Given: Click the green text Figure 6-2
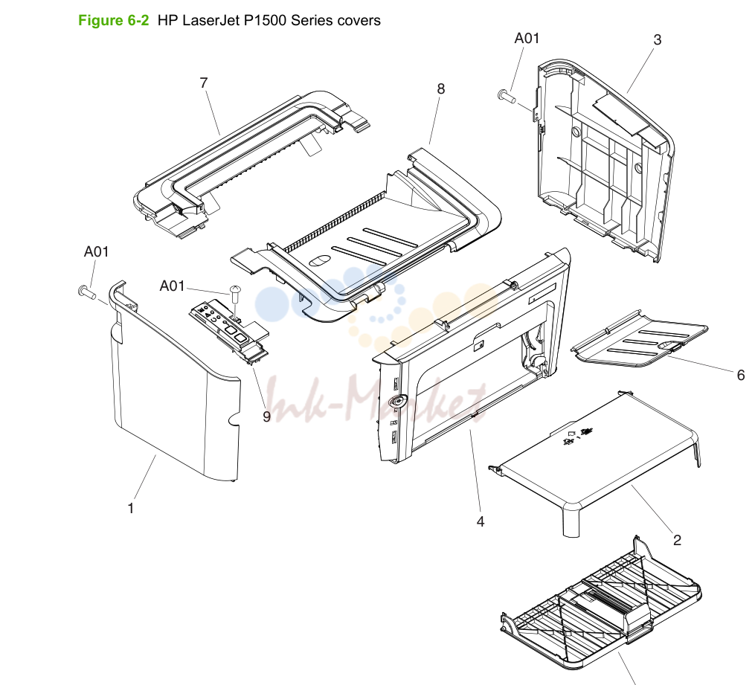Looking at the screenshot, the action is point(114,20).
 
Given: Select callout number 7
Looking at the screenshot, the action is point(204,83).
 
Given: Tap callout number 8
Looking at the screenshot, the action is point(441,89).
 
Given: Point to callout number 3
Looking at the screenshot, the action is point(658,39).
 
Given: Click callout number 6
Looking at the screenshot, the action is point(741,375).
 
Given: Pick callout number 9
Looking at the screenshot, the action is point(267,417).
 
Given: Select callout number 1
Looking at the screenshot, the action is point(130,508).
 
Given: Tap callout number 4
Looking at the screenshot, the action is point(480,521).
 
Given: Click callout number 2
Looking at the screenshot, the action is point(677,540).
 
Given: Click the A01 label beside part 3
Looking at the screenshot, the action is point(527,38).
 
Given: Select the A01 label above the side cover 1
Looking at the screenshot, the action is point(96,251).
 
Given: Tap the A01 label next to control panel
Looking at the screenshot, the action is point(172,286).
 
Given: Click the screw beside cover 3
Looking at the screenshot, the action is point(506,96).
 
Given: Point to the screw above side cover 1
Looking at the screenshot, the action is point(87,292).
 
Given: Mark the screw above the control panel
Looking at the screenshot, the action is point(235,294).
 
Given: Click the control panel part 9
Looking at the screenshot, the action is point(229,332).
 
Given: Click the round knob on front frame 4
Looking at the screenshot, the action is point(397,400).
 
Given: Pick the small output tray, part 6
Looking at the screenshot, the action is point(640,338).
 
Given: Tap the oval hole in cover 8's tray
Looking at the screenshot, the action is point(318,260).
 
